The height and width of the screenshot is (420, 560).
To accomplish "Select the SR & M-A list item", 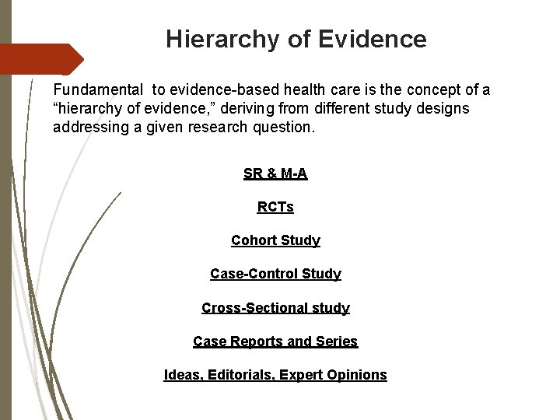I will point(275,174).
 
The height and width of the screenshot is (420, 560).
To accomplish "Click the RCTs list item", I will point(275,208).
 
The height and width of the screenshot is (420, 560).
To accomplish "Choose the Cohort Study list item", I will point(275,241).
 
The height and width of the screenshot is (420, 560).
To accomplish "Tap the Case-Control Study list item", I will point(275,275).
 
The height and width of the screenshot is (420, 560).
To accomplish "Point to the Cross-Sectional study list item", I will point(275,308).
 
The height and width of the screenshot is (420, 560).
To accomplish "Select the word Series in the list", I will point(338,341).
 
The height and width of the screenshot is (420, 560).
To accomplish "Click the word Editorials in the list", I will point(239,375).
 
